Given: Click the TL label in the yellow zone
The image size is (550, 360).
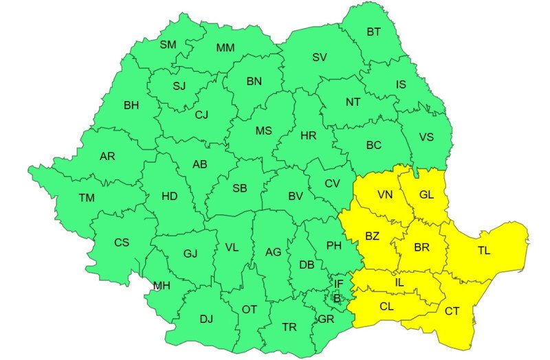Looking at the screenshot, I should (x=484, y=251).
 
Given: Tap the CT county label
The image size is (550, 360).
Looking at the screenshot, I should (x=452, y=311).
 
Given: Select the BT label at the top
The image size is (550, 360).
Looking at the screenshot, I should (x=373, y=32).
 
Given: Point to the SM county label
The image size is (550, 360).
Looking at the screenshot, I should (x=168, y=45).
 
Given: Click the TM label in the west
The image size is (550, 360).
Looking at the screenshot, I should (x=86, y=198).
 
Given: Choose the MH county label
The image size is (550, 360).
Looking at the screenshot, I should (x=162, y=286).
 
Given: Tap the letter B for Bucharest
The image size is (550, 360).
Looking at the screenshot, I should (x=337, y=298).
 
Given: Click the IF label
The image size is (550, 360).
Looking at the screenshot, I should (x=338, y=283).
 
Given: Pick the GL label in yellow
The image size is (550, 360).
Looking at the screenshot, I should (x=426, y=194).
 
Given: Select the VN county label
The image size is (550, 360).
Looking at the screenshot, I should (x=386, y=194).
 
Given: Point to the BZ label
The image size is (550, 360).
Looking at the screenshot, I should (x=372, y=236).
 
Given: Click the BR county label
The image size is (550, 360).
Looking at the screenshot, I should (x=421, y=247).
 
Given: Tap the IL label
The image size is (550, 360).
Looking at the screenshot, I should (x=399, y=282).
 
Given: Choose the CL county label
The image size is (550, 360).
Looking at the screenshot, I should (x=386, y=306).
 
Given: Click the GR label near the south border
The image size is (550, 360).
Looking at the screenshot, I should (x=326, y=319).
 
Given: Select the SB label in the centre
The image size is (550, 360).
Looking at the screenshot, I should (x=240, y=188).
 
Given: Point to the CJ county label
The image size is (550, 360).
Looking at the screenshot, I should (x=201, y=115).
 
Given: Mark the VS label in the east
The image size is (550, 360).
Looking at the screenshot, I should (x=426, y=137).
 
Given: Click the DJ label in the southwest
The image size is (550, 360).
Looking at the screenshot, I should (x=206, y=319).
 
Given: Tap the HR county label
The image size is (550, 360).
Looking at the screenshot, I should (x=309, y=135).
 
